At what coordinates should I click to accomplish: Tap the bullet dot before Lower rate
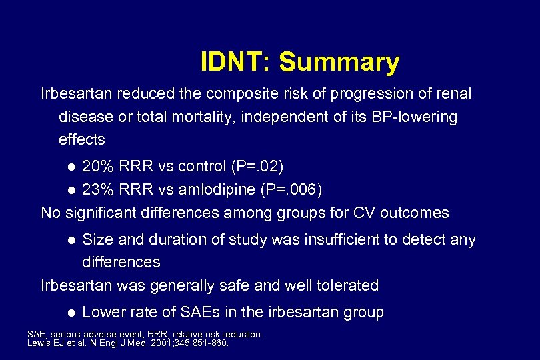(72, 313)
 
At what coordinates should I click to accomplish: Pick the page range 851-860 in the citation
(210, 343)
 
